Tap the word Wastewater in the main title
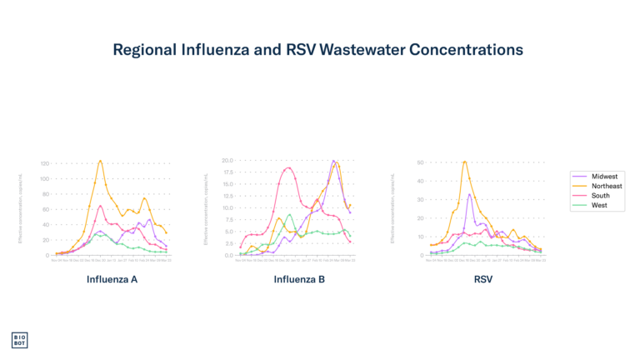point(363,51)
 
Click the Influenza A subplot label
point(112,279)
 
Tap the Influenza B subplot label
point(299,279)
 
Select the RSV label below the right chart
point(483,279)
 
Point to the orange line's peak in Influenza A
point(101,160)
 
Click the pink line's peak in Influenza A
point(100,205)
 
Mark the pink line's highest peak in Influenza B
point(288,168)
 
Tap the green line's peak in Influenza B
point(289,214)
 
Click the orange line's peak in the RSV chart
point(464,161)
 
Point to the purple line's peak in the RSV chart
point(470,194)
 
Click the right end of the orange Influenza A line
point(167,232)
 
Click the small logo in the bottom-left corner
point(19,340)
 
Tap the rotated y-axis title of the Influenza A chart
point(20,207)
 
